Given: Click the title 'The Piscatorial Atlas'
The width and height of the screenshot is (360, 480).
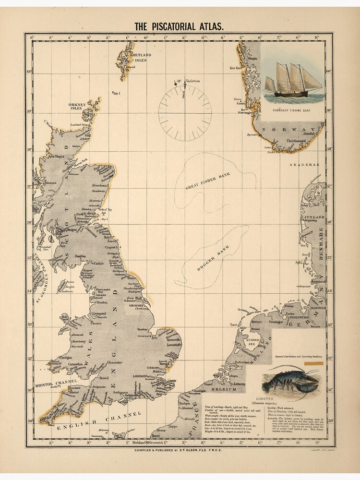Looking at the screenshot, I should pyautogui.click(x=179, y=27).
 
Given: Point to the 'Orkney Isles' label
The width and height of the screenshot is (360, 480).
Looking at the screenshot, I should pyautogui.click(x=76, y=106).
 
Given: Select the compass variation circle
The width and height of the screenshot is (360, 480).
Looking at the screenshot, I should pyautogui.click(x=185, y=114).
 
